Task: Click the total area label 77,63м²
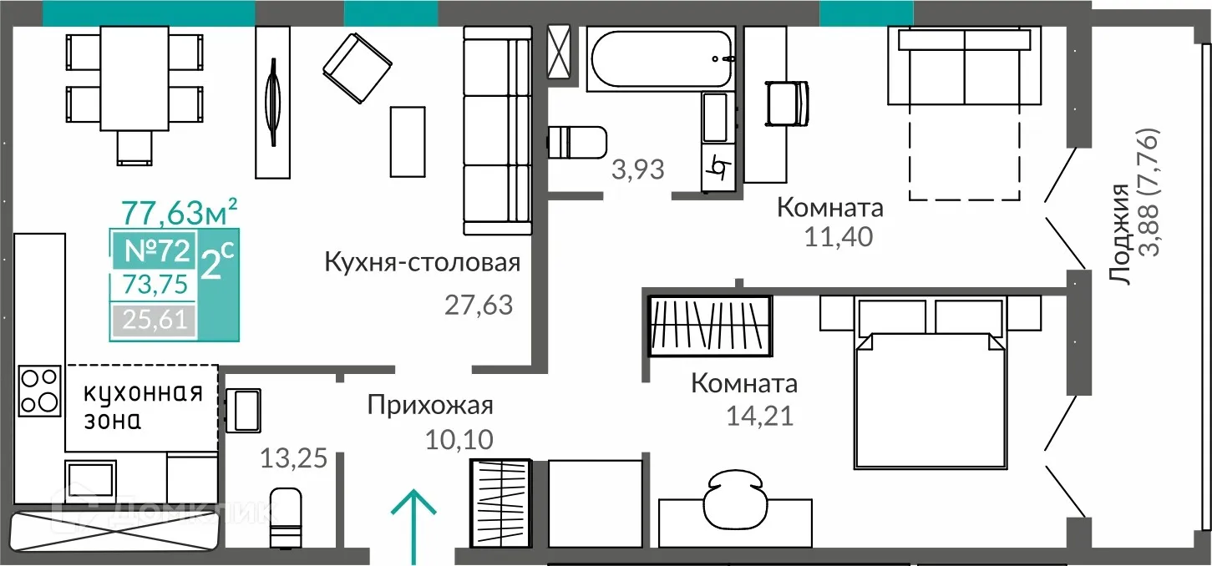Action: coord(179,212)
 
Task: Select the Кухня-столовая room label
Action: coord(423,263)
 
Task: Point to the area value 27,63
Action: coord(477,305)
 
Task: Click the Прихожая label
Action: coord(430,406)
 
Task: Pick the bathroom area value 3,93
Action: coord(637,169)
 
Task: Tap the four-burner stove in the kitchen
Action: coord(39,391)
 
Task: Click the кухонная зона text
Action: coord(143,407)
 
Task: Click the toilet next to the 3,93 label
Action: coord(577,142)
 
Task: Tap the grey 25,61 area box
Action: coord(154,319)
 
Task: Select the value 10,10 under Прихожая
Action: coord(459,438)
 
